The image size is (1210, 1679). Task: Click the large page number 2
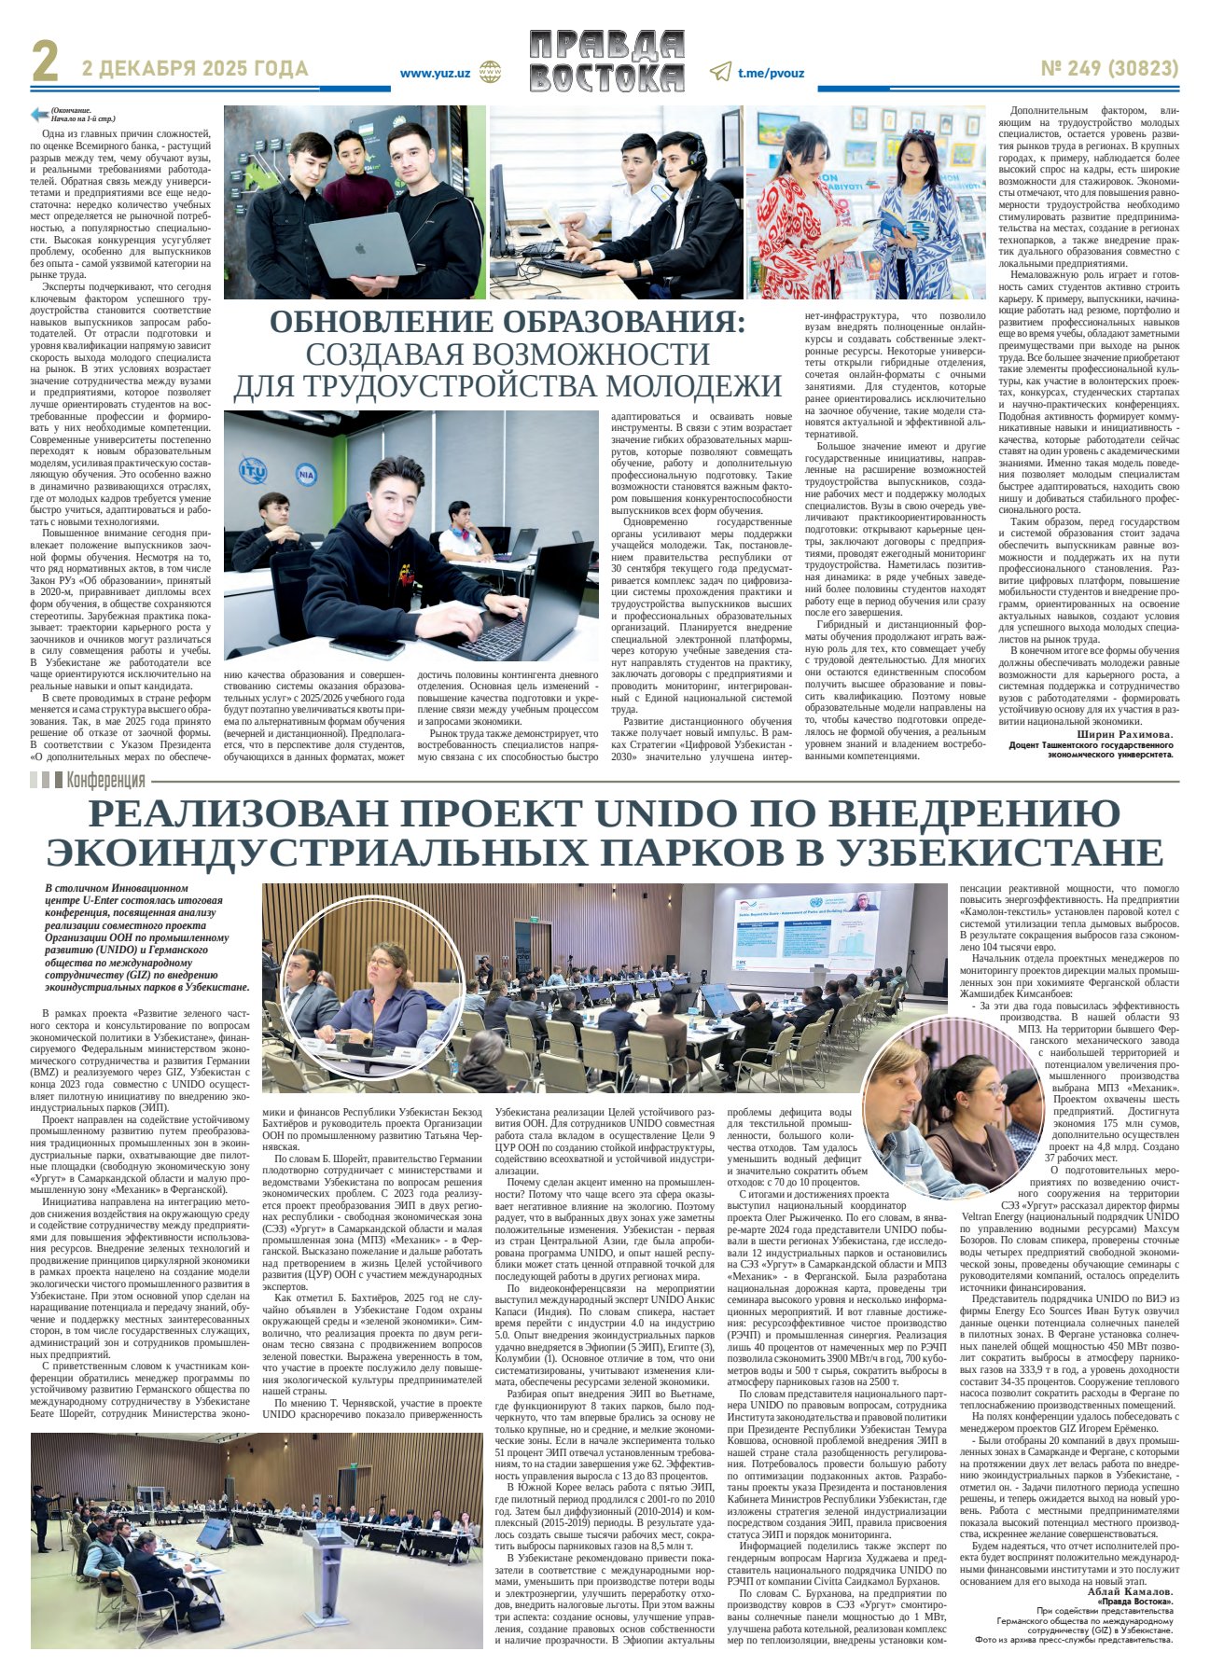pos(45,63)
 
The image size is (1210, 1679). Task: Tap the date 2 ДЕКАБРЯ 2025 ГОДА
pos(195,69)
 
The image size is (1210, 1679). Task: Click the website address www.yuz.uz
pos(434,73)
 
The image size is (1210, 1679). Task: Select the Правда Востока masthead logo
pos(606,62)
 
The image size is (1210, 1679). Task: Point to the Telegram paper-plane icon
pos(720,72)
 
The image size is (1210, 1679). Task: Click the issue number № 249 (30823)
pos(1109,69)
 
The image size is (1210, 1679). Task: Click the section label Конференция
pos(105,780)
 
